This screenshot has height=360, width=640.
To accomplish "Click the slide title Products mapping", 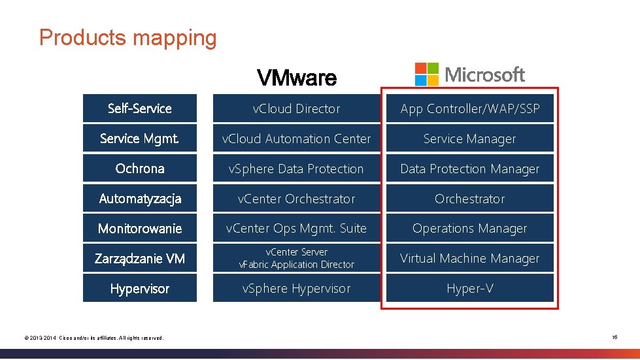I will click(x=127, y=37).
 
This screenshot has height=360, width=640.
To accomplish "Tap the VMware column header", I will click(x=297, y=78).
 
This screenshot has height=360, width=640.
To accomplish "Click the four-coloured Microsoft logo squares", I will click(x=427, y=74).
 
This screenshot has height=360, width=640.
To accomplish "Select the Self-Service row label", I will click(x=139, y=108).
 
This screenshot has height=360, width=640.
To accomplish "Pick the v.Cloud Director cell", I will click(x=297, y=108).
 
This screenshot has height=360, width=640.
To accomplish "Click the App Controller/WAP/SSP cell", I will click(x=470, y=108).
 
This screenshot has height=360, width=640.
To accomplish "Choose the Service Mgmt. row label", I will click(x=139, y=139).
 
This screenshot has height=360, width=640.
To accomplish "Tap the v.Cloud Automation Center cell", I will click(x=297, y=139).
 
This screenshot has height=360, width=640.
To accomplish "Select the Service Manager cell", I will click(x=470, y=139).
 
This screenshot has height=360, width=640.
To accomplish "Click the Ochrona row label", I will click(x=139, y=169).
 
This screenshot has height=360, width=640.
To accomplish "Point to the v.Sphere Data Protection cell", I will click(x=297, y=169).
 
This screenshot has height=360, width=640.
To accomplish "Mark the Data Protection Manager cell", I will click(x=470, y=169).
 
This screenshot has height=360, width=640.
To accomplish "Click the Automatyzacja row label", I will click(x=139, y=199).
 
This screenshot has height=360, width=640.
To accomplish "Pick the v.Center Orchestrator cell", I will click(x=297, y=199).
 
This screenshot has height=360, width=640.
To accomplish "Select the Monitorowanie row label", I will click(x=139, y=229).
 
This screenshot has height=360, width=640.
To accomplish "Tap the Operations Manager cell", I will click(x=470, y=229).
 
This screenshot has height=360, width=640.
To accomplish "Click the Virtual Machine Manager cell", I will click(x=470, y=259).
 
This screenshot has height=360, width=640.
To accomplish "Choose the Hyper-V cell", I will click(x=470, y=289).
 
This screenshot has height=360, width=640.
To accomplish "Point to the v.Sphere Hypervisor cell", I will click(x=297, y=289).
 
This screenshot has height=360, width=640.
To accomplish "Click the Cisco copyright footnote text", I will click(x=93, y=338).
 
